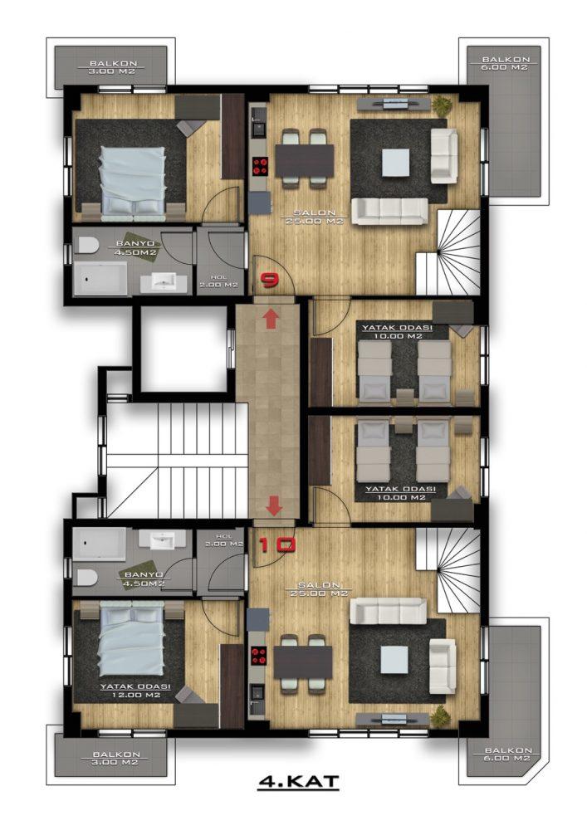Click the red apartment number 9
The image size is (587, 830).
[270, 279]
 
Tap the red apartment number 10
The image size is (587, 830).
[276, 544]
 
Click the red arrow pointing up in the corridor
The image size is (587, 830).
[271, 320]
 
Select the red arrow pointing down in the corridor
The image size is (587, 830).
[274, 505]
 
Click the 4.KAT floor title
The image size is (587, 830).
[299, 781]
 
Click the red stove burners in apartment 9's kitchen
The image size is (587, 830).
[259, 166]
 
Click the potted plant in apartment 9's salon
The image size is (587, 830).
[442, 106]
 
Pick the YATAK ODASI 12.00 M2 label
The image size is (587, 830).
[135, 691]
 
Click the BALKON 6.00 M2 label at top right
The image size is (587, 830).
[506, 64]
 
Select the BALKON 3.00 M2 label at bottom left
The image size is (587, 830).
[116, 758]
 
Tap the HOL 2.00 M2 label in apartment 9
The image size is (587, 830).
[218, 281]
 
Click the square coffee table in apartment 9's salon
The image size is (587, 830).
[395, 162]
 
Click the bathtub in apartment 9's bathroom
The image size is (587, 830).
[100, 278]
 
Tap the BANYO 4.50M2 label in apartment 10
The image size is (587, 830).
[144, 579]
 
